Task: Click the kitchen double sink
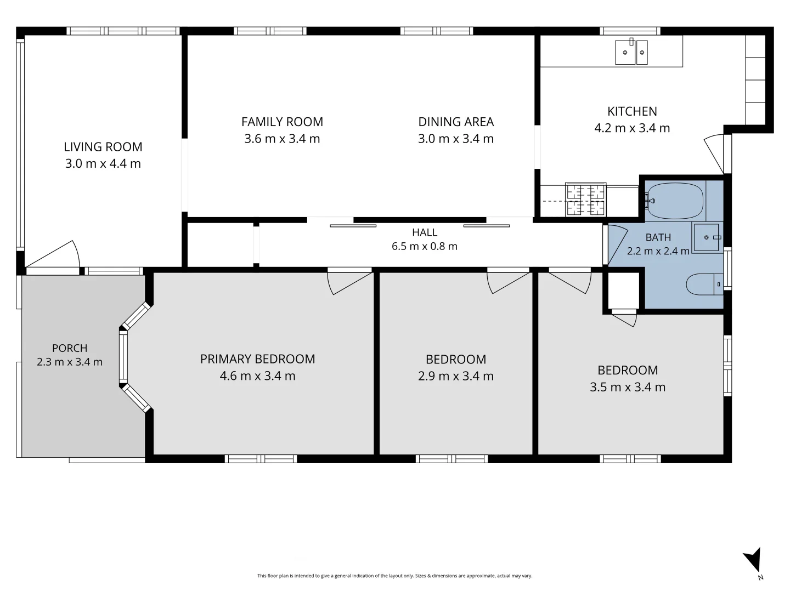pyautogui.click(x=631, y=52)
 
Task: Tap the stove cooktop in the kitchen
pyautogui.click(x=585, y=200)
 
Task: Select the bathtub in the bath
pyautogui.click(x=675, y=201)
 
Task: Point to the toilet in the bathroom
pyautogui.click(x=704, y=284)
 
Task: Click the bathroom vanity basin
pyautogui.click(x=706, y=237)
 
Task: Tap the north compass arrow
pyautogui.click(x=753, y=560)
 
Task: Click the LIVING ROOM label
pyautogui.click(x=103, y=147)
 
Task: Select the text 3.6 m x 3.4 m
pyautogui.click(x=282, y=139)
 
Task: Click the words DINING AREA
pyautogui.click(x=456, y=122)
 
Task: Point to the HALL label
pyautogui.click(x=425, y=232)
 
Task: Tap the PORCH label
pyautogui.click(x=70, y=348)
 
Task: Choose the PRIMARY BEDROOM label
pyautogui.click(x=257, y=358)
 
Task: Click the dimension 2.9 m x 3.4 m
pyautogui.click(x=456, y=376)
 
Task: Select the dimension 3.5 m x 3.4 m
pyautogui.click(x=627, y=387)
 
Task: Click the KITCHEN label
pyautogui.click(x=632, y=111)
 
